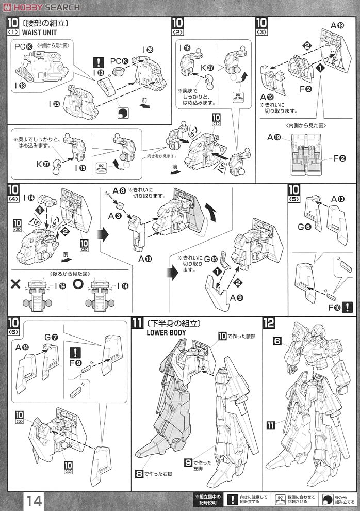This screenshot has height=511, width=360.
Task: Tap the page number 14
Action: [x=32, y=500]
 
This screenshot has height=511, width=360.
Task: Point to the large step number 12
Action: [x=269, y=324]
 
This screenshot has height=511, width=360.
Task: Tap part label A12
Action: [x=268, y=97]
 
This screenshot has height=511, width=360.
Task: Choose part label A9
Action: [x=236, y=298]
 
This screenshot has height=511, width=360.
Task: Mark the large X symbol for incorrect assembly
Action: [x=16, y=285]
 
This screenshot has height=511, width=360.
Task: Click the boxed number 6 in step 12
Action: [x=276, y=342]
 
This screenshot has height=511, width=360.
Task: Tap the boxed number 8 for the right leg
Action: [x=139, y=473]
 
